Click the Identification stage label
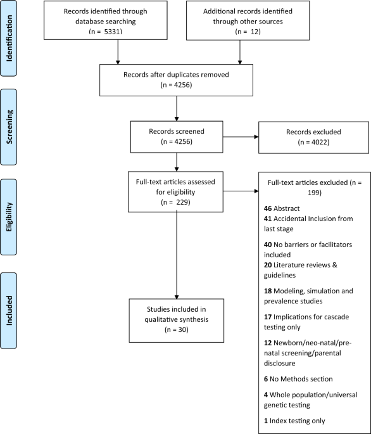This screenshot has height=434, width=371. [x=9, y=38]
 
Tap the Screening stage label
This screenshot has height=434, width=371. [x=9, y=127]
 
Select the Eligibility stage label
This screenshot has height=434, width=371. [x=9, y=217]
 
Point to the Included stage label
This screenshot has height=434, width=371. [x=9, y=310]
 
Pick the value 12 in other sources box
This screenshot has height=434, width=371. [x=255, y=32]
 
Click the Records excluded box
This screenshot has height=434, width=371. [x=313, y=137]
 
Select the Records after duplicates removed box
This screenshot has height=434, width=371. [x=176, y=80]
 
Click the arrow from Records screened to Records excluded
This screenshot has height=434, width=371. [x=241, y=137]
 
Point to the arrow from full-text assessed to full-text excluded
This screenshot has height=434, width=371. [x=241, y=191]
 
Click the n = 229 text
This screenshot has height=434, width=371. [x=175, y=202]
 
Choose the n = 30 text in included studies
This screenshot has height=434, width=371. [x=177, y=329]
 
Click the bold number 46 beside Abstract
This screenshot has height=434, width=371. [x=268, y=208]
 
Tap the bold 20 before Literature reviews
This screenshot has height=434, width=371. [x=268, y=265]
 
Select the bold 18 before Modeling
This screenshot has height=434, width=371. [x=268, y=291]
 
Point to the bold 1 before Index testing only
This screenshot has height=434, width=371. [x=266, y=421]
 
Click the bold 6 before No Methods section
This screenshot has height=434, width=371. [x=266, y=379]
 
